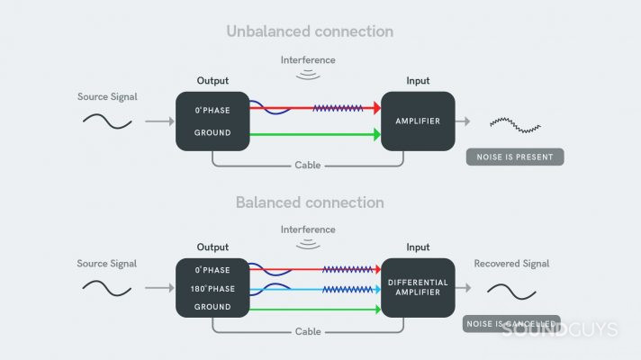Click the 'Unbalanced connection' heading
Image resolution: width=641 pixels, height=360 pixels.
pyautogui.click(x=310, y=31)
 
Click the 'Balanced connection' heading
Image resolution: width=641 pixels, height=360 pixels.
pyautogui.click(x=310, y=202)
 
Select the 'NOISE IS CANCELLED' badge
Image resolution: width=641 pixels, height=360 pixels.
pyautogui.click(x=510, y=323)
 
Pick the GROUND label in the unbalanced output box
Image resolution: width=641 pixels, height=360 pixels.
pyautogui.click(x=212, y=133)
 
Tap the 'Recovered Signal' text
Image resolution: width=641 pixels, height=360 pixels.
pyautogui.click(x=510, y=264)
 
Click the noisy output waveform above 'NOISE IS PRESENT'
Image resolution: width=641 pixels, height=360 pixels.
pyautogui.click(x=515, y=121)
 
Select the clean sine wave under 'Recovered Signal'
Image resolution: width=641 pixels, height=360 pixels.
pyautogui.click(x=511, y=291)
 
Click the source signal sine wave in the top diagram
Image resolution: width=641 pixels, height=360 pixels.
pyautogui.click(x=108, y=121)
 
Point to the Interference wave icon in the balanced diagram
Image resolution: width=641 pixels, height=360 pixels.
pyautogui.click(x=310, y=242)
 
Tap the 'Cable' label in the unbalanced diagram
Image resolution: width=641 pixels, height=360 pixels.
pyautogui.click(x=309, y=166)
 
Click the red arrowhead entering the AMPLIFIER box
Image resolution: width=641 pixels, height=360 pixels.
pyautogui.click(x=375, y=107)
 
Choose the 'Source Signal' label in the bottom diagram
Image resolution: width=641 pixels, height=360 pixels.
pyautogui.click(x=107, y=264)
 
